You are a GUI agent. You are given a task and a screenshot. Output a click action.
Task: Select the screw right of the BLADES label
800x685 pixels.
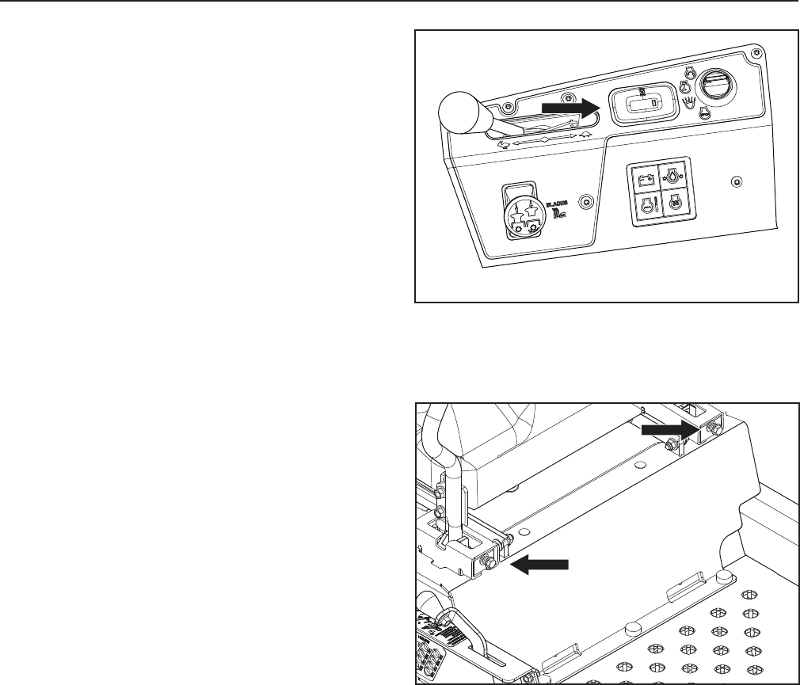(x=586, y=202)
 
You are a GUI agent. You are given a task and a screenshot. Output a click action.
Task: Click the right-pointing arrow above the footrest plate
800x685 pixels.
(x=667, y=428)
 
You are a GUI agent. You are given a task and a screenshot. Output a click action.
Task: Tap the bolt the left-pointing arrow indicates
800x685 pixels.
(x=486, y=562)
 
